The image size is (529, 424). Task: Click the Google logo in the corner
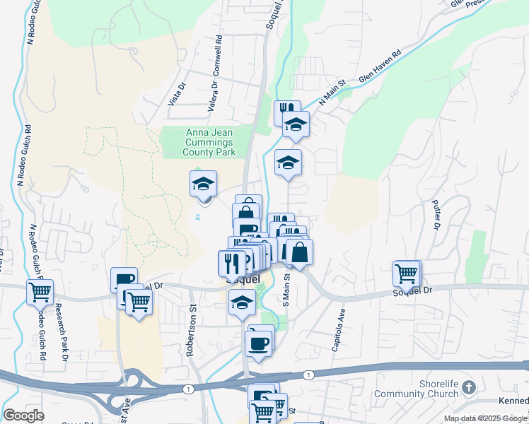[x=23, y=416]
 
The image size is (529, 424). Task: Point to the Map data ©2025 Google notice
[x=485, y=418]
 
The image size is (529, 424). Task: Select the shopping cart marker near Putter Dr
[x=407, y=273]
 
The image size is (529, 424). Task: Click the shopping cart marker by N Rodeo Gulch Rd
[x=40, y=291]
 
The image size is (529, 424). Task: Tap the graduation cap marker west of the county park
[x=204, y=184]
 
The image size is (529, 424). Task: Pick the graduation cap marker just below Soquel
[x=242, y=302]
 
